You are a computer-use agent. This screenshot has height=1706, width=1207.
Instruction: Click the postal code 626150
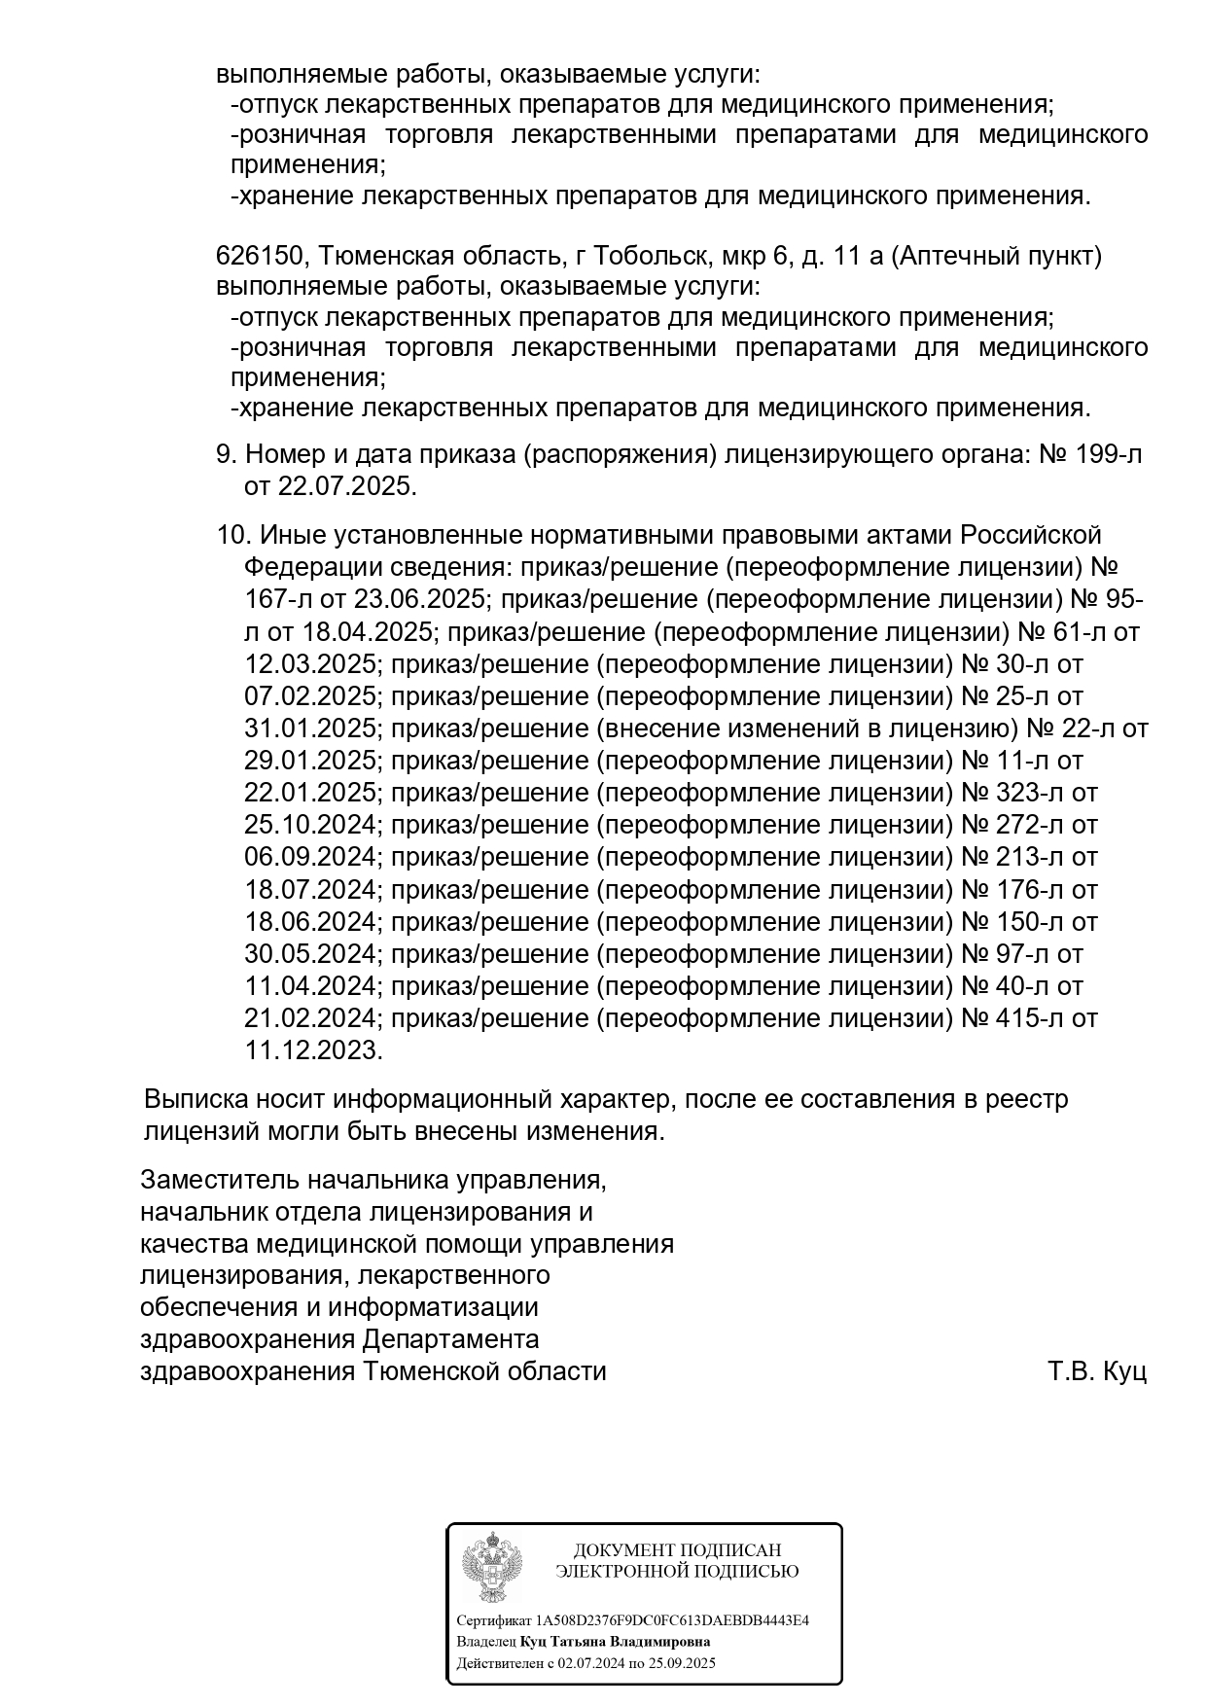[x=261, y=257]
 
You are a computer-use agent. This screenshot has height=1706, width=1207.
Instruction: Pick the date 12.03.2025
[x=309, y=664]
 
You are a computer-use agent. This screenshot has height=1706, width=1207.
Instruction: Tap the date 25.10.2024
[x=309, y=825]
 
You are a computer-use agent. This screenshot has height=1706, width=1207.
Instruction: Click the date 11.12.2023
[x=312, y=1050]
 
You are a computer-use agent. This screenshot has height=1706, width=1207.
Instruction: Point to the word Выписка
[x=195, y=1100]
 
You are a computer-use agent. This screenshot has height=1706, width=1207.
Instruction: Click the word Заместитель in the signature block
[x=218, y=1180]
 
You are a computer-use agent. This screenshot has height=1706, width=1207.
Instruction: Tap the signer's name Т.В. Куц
[x=1097, y=1372]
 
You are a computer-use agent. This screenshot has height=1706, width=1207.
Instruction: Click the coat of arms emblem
[x=492, y=1567]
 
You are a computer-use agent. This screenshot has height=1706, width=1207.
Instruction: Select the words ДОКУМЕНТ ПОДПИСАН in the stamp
[x=677, y=1550]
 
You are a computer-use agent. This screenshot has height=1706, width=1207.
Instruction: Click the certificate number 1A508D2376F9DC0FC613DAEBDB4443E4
[x=673, y=1620]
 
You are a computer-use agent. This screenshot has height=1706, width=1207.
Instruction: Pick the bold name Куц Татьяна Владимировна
[x=616, y=1642]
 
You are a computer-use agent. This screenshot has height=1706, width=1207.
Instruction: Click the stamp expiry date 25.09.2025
[x=684, y=1663]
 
